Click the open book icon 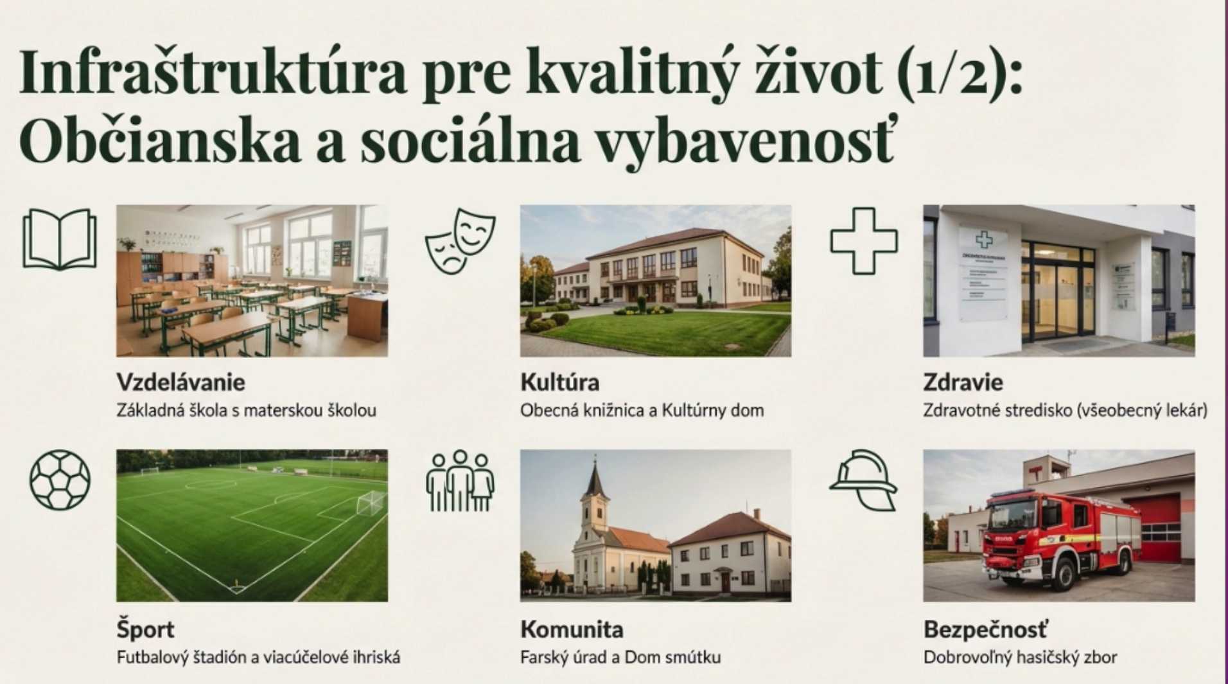click(x=60, y=239)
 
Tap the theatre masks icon click(x=460, y=241)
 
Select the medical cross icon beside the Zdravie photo click(x=864, y=241)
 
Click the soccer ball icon click(x=60, y=480)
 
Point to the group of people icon click(x=460, y=481)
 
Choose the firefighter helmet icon click(x=863, y=480)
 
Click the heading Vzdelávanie click(x=180, y=382)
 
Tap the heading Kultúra click(x=559, y=382)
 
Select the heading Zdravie click(x=963, y=382)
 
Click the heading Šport click(x=145, y=629)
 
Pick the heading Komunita click(x=572, y=629)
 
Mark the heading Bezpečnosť click(x=985, y=629)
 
